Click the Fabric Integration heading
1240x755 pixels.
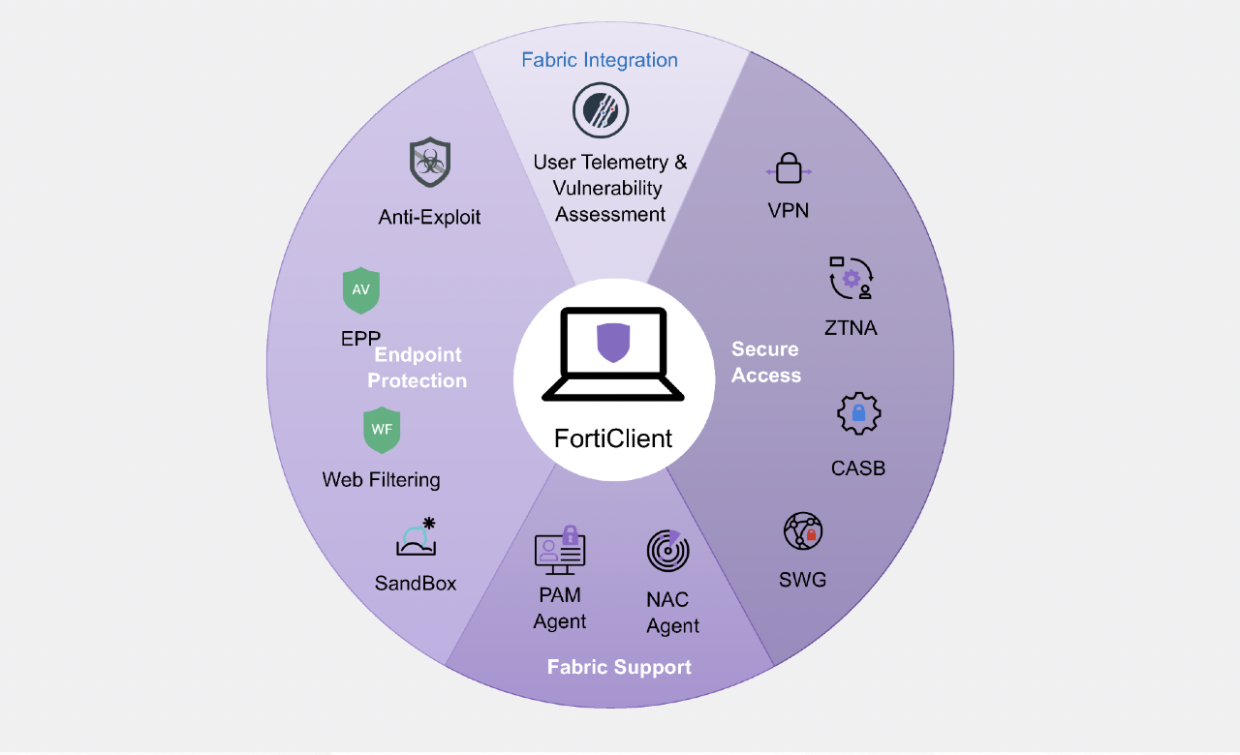(x=600, y=60)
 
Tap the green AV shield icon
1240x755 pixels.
(x=361, y=290)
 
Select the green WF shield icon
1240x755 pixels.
(x=382, y=430)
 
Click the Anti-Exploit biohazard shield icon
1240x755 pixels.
(x=430, y=163)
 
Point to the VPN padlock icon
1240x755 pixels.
(x=789, y=168)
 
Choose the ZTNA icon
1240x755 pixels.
(x=852, y=278)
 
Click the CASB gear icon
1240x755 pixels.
(x=858, y=414)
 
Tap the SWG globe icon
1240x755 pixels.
(x=803, y=532)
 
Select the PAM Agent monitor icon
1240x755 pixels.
(x=560, y=549)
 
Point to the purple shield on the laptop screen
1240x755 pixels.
(x=613, y=343)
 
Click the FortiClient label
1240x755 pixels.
(x=613, y=438)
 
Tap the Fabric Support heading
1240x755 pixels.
(x=619, y=667)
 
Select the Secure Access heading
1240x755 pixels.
(x=766, y=362)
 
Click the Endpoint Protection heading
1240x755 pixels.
(x=418, y=368)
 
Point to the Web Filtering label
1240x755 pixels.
(x=381, y=479)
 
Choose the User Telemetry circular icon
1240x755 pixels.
(x=601, y=110)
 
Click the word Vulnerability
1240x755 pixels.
(x=608, y=188)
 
